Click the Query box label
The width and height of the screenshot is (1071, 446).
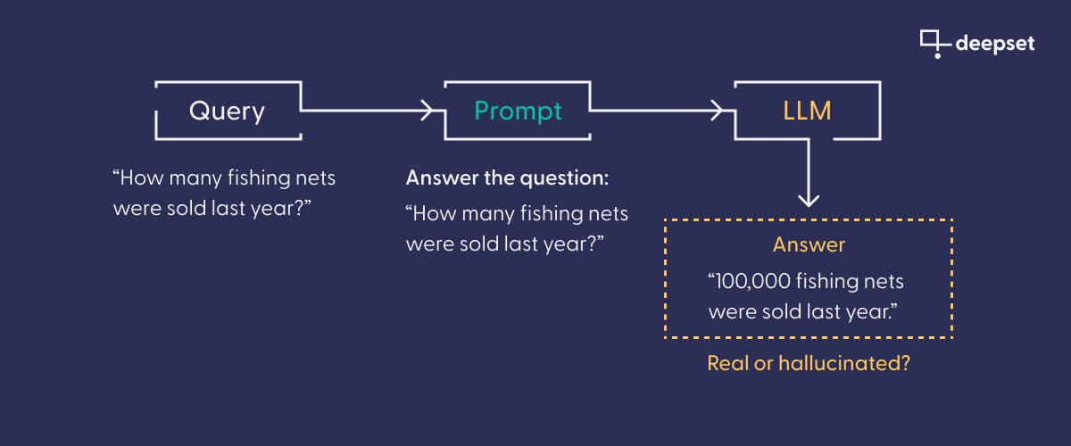(x=227, y=111)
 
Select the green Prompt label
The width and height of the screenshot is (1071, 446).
(x=518, y=111)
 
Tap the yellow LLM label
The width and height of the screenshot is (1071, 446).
(x=808, y=111)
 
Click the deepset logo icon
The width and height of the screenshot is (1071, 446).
(x=933, y=43)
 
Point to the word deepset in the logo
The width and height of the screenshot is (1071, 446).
(x=994, y=43)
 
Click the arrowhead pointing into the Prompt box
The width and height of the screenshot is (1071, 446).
(x=429, y=111)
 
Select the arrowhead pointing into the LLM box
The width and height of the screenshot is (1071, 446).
(x=718, y=111)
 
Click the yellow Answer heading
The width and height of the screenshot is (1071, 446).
(x=809, y=244)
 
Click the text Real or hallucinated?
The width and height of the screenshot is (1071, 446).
(x=808, y=363)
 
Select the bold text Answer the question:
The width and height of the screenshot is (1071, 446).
(x=507, y=178)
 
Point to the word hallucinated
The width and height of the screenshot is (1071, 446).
(x=843, y=363)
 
